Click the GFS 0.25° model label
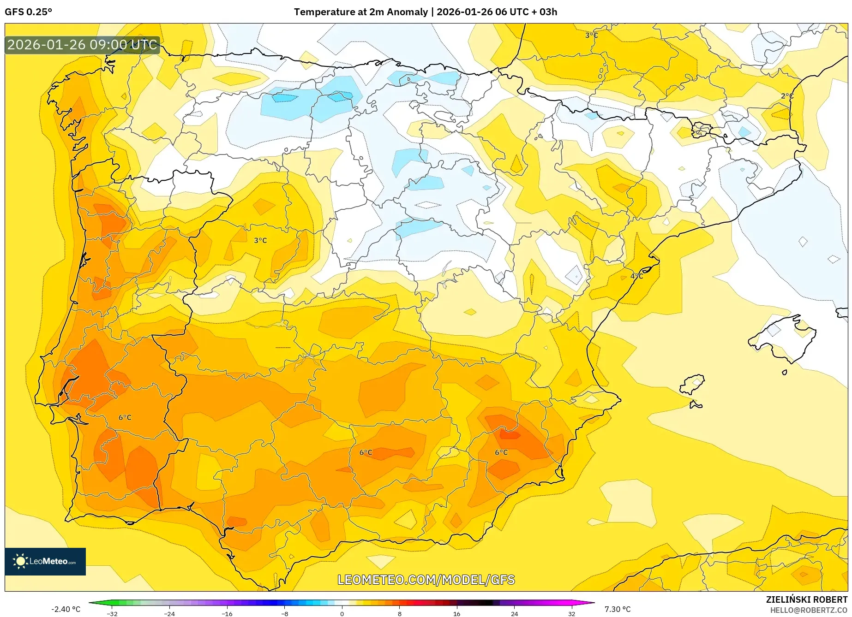(x=28, y=12)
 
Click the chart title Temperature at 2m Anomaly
(x=360, y=12)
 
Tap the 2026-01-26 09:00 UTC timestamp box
(x=82, y=45)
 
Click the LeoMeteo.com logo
(x=45, y=561)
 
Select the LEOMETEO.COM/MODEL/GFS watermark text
(x=426, y=580)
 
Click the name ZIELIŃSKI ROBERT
(x=806, y=599)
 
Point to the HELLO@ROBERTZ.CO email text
(x=808, y=610)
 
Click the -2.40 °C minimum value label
(x=66, y=609)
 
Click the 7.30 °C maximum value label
(x=617, y=609)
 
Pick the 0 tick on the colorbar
(x=342, y=613)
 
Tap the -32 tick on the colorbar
(x=112, y=613)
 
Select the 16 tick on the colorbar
(x=456, y=613)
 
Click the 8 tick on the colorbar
(x=399, y=613)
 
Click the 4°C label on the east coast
(x=636, y=276)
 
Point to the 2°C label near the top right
(x=787, y=96)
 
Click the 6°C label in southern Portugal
(x=125, y=417)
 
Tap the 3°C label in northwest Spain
(x=260, y=240)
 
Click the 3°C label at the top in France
(x=591, y=35)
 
